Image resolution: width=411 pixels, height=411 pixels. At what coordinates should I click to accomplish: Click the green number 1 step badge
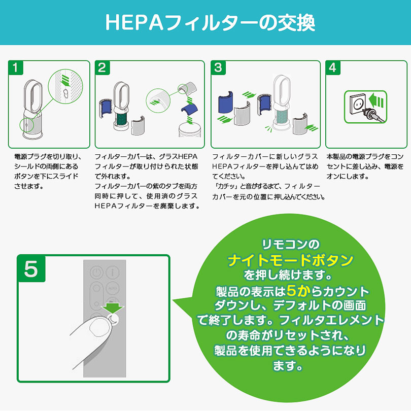pos(16,67)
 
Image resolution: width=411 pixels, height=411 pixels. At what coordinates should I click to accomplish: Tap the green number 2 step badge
pos(102,67)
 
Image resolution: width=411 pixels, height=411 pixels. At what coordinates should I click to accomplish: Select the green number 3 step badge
pos(218,67)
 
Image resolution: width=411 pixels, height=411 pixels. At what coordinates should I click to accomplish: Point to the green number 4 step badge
pos(332,67)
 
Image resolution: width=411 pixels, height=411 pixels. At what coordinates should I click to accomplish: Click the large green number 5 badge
pos(30,269)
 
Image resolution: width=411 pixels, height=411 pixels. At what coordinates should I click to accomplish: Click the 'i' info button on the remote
pos(111,274)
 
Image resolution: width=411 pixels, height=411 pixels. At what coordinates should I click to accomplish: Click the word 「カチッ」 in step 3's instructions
pos(227,187)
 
